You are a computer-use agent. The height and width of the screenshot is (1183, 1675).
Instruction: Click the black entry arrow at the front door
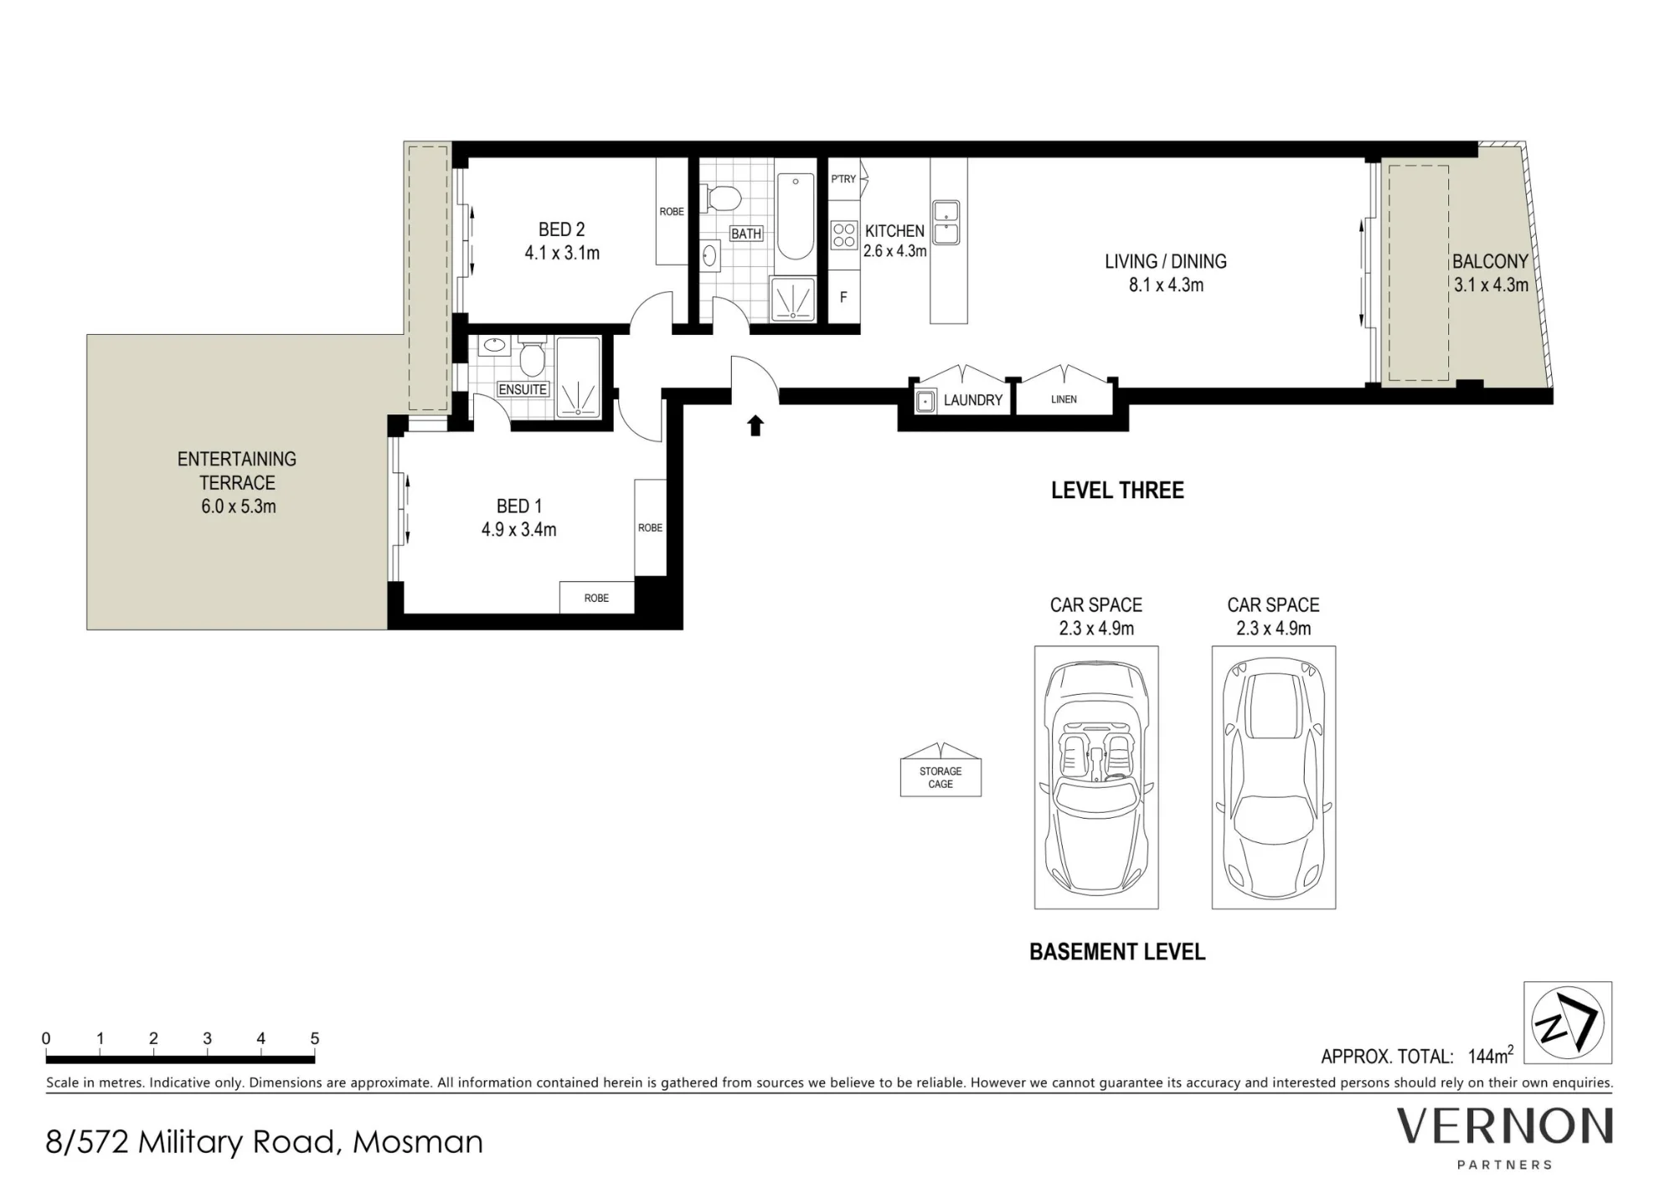(x=755, y=425)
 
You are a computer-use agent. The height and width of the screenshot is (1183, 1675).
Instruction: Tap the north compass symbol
(x=1567, y=1022)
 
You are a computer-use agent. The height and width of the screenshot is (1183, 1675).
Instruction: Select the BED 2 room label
(x=562, y=229)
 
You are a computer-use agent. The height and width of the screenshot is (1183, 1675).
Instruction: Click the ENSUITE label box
(x=523, y=389)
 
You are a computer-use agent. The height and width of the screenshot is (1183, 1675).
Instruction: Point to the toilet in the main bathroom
(x=723, y=198)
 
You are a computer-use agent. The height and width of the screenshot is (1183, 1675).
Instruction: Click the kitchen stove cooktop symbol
(x=844, y=234)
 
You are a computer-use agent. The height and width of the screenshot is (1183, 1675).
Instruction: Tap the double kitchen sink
(x=946, y=223)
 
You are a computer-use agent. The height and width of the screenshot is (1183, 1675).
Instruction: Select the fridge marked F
(x=843, y=297)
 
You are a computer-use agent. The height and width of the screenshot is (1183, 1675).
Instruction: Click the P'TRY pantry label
(x=843, y=178)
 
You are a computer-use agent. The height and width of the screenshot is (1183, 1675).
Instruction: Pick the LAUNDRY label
(x=972, y=400)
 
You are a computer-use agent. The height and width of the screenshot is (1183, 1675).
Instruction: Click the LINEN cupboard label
(x=1064, y=399)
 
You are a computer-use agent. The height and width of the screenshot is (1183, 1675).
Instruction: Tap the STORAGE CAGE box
(x=941, y=778)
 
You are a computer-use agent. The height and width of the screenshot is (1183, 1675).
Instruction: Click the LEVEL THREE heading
(x=1117, y=491)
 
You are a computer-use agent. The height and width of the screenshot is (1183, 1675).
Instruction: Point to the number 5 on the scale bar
(x=315, y=1038)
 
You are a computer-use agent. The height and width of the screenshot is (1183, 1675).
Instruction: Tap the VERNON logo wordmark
(x=1505, y=1126)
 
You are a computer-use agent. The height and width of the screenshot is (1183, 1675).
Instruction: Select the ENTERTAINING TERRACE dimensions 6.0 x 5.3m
(x=239, y=507)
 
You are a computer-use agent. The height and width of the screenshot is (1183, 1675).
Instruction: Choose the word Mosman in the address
(x=418, y=1142)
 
